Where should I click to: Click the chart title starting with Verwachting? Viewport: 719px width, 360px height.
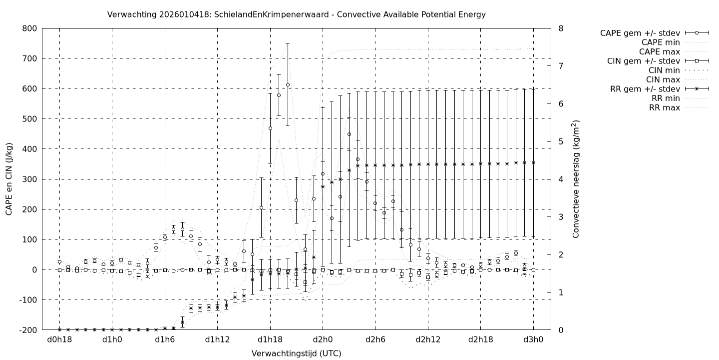pos(296,14)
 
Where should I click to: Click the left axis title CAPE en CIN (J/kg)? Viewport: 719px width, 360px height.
pos(9,179)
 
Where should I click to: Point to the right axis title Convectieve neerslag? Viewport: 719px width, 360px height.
pos(576,179)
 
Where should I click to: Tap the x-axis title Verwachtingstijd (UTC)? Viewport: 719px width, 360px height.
pos(296,353)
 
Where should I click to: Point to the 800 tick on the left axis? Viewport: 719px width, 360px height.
pos(29,28)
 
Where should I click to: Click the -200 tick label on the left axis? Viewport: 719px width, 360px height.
pos(27,330)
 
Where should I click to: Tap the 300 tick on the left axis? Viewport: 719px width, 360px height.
pos(29,179)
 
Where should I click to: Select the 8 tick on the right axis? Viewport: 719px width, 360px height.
pos(561,28)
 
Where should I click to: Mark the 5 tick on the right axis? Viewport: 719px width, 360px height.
pos(561,141)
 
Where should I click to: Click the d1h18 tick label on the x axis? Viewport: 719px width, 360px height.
pos(270,339)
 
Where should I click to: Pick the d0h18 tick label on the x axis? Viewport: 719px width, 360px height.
pos(59,339)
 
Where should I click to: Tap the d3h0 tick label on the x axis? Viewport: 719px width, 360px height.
pos(533,339)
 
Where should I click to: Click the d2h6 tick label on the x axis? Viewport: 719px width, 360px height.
pos(375,339)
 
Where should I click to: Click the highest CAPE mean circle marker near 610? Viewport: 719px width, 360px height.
pos(288,84)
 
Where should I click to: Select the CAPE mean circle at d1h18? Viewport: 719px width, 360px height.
pos(270,128)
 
